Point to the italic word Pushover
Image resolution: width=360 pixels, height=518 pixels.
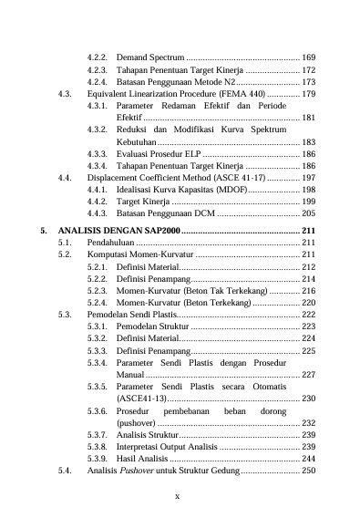[134, 471]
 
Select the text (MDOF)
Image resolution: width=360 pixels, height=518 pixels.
[228, 192]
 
